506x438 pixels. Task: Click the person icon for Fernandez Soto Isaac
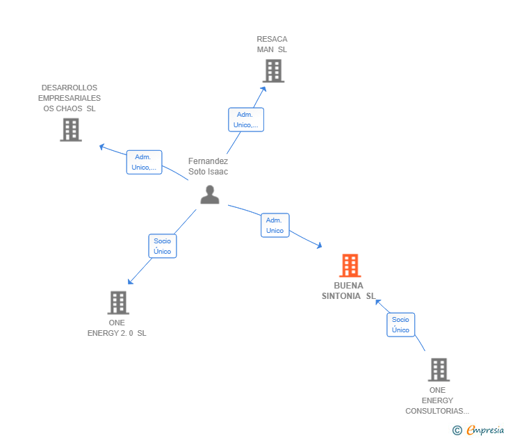210,194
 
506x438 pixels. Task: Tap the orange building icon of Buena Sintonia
350,266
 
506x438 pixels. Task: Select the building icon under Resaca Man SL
273,71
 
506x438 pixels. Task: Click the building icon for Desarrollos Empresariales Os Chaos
71,130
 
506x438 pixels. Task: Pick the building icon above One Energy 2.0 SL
118,302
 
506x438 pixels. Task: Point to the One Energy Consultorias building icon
439,370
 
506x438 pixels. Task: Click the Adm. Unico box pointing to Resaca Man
246,120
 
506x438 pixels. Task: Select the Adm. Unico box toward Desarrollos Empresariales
144,162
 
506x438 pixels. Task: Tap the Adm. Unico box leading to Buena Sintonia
275,225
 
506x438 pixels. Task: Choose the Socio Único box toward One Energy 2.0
163,246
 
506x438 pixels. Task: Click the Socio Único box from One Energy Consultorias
400,325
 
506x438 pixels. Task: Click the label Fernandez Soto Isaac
208,166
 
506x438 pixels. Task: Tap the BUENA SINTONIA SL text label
348,291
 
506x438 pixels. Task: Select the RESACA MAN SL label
272,44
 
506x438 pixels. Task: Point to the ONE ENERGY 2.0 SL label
117,328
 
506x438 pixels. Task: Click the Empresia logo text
485,430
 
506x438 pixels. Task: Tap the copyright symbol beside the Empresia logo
457,430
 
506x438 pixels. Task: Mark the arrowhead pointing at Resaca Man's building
263,90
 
